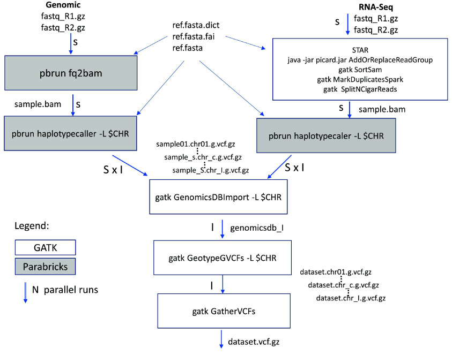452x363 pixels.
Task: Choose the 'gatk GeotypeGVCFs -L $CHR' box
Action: click(223, 258)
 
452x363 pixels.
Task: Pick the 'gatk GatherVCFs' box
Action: click(223, 312)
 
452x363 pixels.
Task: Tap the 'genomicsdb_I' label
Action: click(256, 228)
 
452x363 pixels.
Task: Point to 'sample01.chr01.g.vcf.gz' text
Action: click(195, 145)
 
